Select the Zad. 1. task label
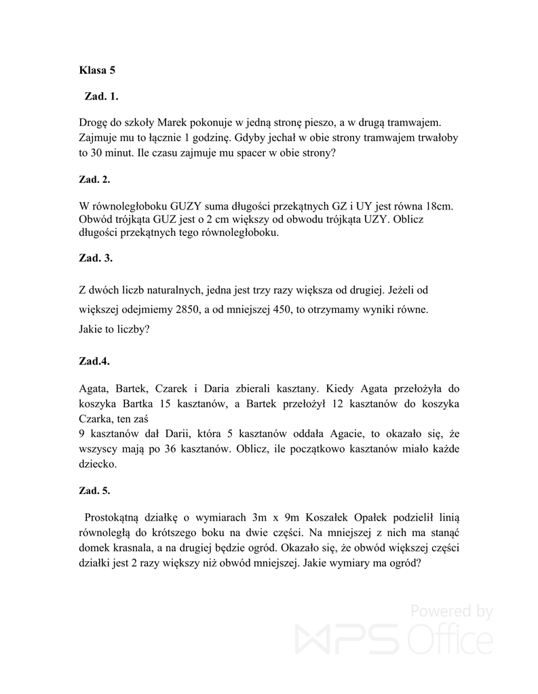click(x=101, y=96)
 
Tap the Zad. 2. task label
click(x=94, y=180)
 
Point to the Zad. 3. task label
click(x=96, y=258)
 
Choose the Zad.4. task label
click(x=94, y=361)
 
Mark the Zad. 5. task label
click(x=94, y=490)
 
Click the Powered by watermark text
click(x=450, y=611)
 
